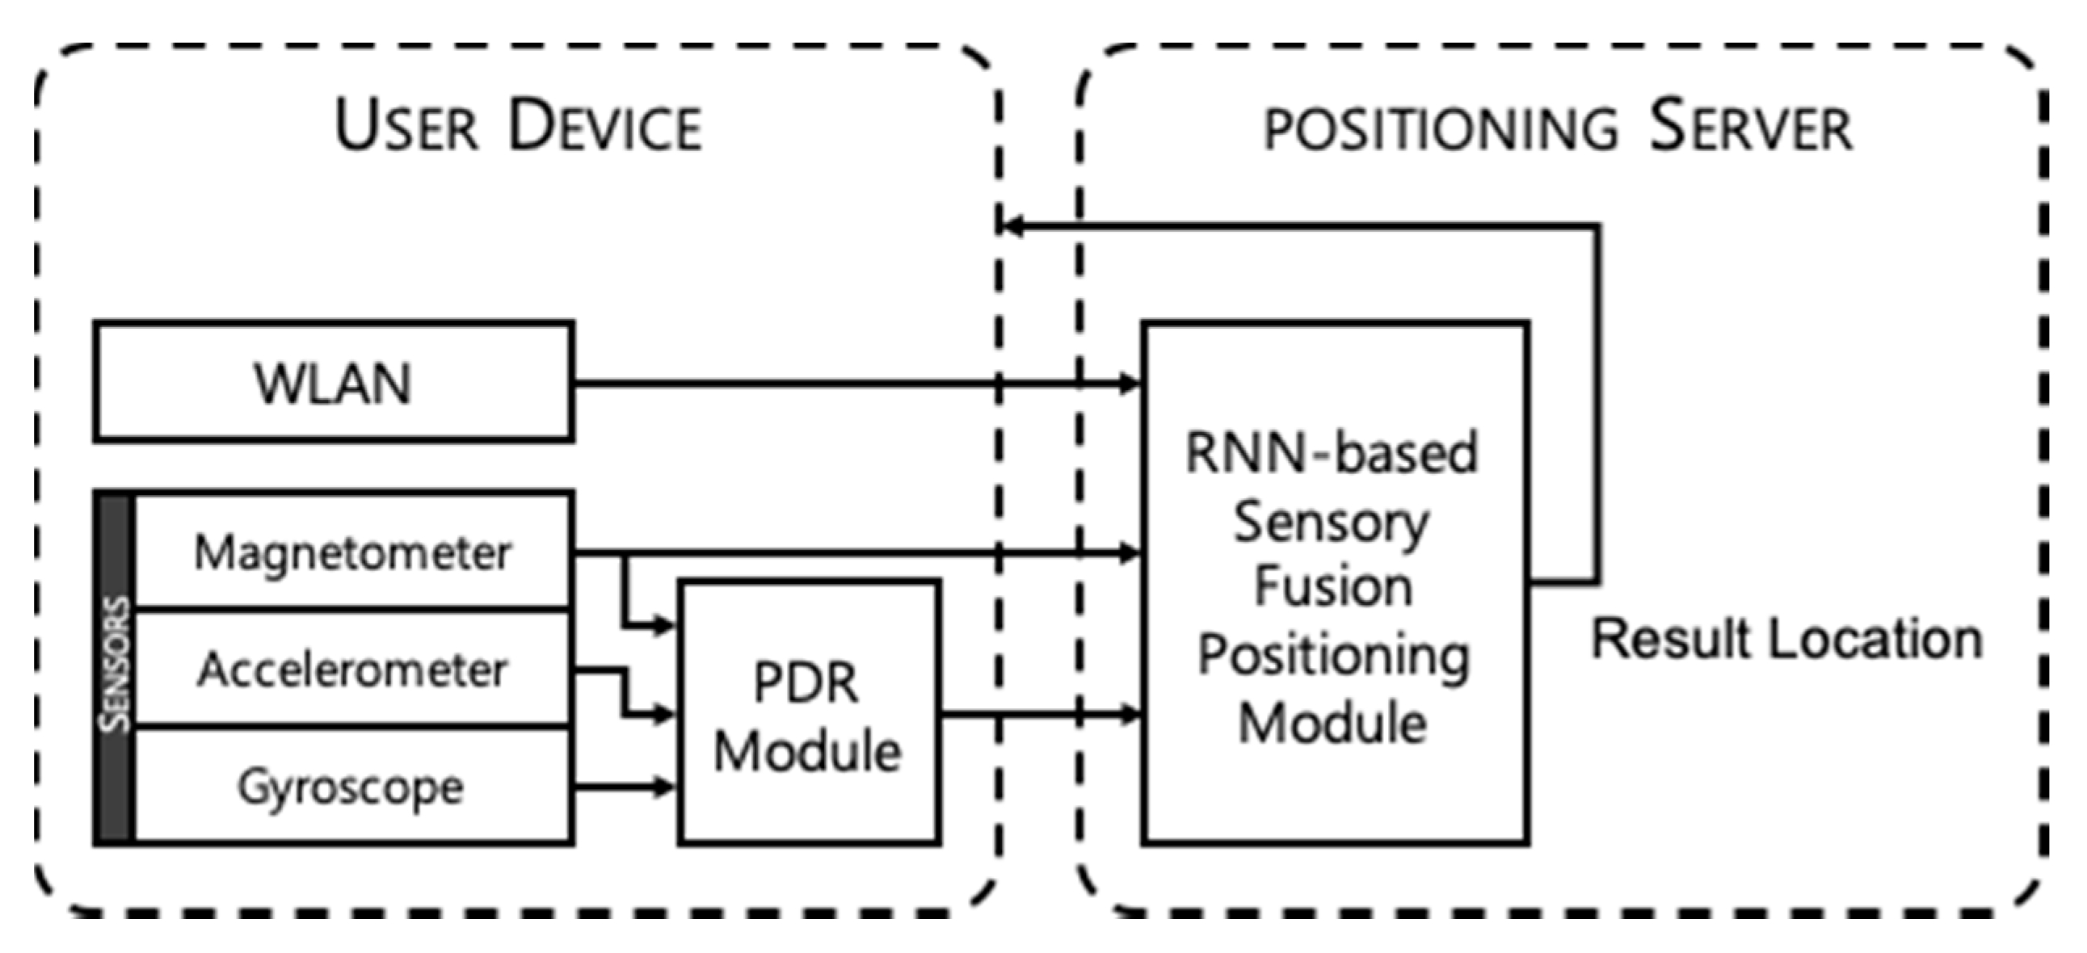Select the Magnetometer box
[353, 552]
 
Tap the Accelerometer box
[353, 670]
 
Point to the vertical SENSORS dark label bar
[115, 669]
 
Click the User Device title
[519, 125]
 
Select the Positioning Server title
[1557, 127]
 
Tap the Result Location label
[1786, 639]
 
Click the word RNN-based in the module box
[1332, 452]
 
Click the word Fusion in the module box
[1333, 587]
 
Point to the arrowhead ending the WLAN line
[1130, 383]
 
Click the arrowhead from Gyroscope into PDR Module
[664, 786]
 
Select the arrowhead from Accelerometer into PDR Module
[664, 714]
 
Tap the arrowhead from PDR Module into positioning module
[1130, 714]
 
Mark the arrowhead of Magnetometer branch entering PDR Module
[664, 625]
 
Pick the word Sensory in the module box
[1332, 523]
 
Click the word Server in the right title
[1750, 127]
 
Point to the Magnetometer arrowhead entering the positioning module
[1130, 554]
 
